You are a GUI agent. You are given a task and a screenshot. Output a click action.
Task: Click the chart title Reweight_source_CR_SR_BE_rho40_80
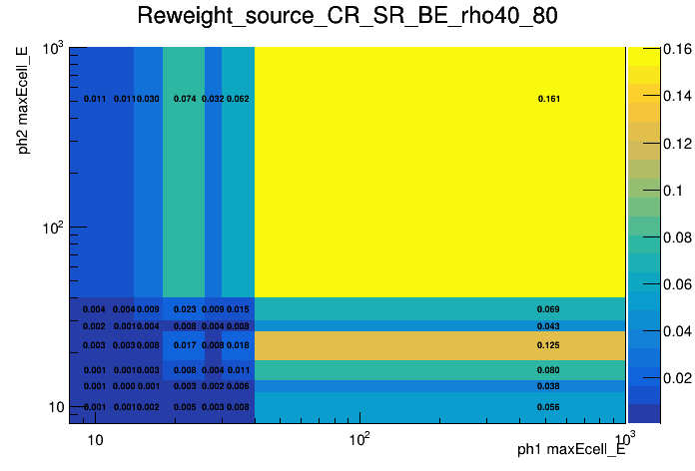click(347, 18)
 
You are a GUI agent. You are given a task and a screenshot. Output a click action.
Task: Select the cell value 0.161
click(548, 99)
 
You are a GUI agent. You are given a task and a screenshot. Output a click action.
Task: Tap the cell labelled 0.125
click(548, 345)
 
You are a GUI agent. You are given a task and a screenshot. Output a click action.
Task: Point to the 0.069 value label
click(548, 309)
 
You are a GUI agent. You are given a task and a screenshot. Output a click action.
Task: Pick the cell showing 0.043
click(548, 326)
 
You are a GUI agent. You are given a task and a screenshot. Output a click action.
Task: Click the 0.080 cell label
click(548, 370)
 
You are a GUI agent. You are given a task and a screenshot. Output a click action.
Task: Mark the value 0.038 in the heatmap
click(548, 386)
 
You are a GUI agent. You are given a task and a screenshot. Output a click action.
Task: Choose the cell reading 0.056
click(548, 407)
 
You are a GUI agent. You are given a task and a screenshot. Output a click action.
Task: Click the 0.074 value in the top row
click(185, 99)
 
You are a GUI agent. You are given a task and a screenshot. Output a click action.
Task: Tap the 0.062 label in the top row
click(238, 99)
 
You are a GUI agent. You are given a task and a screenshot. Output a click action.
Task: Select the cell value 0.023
click(185, 309)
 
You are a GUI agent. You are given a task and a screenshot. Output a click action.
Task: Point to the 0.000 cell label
click(123, 386)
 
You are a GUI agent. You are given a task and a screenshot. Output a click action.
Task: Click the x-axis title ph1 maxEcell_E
click(571, 450)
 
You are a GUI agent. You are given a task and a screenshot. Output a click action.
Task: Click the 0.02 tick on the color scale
click(659, 378)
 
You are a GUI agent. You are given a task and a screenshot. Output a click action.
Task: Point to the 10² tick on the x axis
click(359, 439)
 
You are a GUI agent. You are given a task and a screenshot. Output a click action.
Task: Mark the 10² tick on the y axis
click(50, 228)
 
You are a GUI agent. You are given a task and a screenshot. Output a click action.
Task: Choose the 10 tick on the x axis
click(95, 439)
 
